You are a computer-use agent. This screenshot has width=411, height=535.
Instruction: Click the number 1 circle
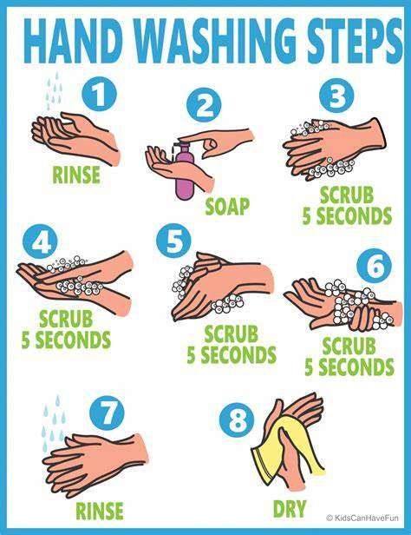(x=100, y=94)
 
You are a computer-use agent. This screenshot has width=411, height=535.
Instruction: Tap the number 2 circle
(x=204, y=105)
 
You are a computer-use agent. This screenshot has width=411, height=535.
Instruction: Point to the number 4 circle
(x=40, y=242)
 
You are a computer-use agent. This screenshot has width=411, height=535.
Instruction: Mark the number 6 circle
(x=375, y=266)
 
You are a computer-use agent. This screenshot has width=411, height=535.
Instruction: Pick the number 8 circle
(x=237, y=419)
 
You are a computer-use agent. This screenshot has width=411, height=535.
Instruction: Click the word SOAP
(x=227, y=206)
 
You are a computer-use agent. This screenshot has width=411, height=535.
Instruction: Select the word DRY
(x=290, y=508)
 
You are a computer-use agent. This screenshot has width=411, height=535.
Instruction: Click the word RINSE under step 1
(x=76, y=175)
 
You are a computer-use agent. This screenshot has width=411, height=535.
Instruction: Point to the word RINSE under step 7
(x=100, y=510)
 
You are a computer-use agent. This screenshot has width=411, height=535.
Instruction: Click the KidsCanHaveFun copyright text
(x=362, y=518)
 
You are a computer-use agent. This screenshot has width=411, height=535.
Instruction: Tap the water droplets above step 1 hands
(x=54, y=90)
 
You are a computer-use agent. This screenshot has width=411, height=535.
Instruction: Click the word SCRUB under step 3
(x=347, y=195)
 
